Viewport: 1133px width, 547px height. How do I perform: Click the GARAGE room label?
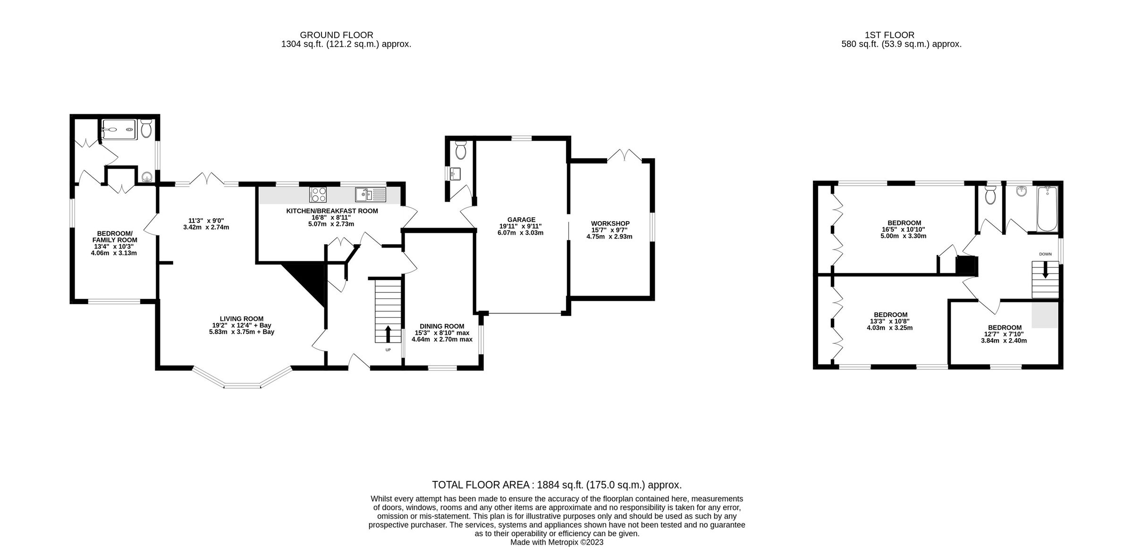click(x=521, y=220)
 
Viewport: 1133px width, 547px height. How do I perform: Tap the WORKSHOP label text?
click(x=610, y=223)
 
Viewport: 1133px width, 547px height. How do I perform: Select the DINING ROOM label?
click(x=442, y=326)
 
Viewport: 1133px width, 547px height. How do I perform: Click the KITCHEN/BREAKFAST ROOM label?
click(x=332, y=211)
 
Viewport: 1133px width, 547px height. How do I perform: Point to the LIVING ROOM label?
click(x=241, y=319)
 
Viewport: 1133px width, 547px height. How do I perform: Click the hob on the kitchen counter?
click(x=318, y=194)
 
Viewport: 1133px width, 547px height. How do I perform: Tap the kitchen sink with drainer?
click(x=371, y=194)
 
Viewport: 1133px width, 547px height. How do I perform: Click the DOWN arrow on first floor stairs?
click(x=1046, y=271)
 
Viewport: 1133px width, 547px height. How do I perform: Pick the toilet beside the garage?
click(x=461, y=150)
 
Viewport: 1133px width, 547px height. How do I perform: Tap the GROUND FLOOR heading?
click(x=337, y=35)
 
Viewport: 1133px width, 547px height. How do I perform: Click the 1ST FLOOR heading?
click(x=889, y=35)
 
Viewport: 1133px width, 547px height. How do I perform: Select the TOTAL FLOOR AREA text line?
click(x=557, y=485)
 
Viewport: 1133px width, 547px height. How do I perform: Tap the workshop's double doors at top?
click(x=624, y=155)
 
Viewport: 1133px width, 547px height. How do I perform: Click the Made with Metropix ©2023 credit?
click(x=557, y=542)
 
